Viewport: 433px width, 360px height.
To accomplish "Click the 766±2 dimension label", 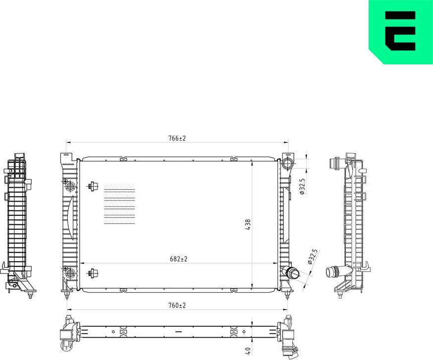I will tap(176, 138).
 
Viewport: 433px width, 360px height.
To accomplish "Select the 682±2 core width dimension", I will tap(178, 258).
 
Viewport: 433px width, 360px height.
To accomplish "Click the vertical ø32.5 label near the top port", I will tap(302, 187).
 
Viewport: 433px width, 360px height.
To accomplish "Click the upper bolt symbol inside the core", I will tap(92, 187).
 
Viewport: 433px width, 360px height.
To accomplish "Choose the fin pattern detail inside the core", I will tap(119, 204).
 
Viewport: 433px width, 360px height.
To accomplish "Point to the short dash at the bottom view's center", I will tap(178, 331).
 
